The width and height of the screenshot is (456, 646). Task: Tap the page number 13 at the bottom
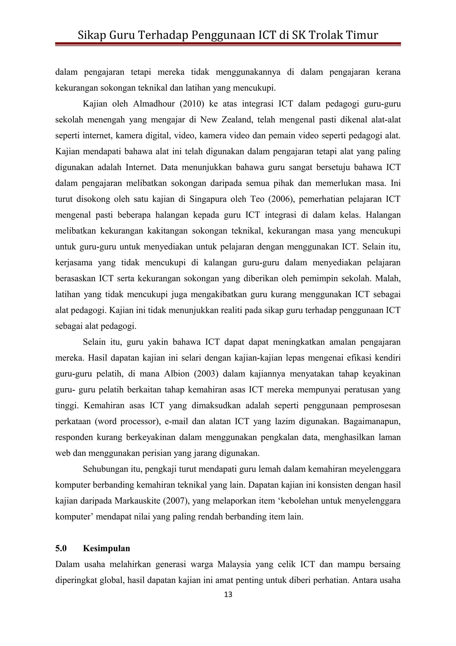(x=228, y=594)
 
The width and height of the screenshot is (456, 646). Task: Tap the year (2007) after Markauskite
(x=177, y=501)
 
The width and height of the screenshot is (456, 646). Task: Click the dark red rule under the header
(x=228, y=44)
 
